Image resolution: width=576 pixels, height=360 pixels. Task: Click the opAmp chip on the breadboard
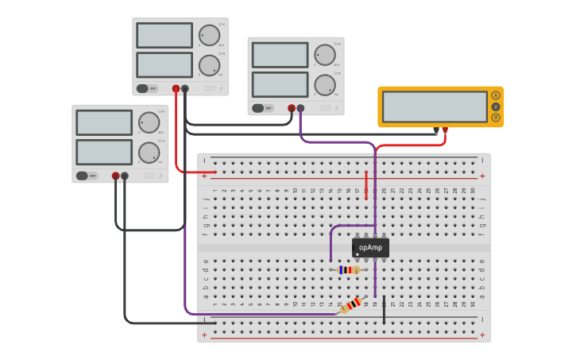click(370, 248)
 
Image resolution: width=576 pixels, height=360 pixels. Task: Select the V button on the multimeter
click(496, 106)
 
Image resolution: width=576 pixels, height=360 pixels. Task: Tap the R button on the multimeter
click(496, 118)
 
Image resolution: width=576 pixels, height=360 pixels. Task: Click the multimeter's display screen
click(435, 106)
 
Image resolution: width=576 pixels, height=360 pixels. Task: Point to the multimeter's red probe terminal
click(446, 130)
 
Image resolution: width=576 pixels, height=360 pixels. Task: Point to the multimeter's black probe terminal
click(436, 130)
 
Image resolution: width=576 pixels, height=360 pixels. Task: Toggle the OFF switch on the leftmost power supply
click(83, 176)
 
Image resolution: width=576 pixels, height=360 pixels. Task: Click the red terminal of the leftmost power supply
click(115, 176)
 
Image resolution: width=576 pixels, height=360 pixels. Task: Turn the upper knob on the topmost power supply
click(209, 36)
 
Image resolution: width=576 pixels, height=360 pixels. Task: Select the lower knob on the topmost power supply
click(209, 64)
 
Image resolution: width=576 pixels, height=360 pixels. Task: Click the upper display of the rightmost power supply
click(280, 55)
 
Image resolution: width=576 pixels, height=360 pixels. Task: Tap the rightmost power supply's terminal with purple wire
click(300, 108)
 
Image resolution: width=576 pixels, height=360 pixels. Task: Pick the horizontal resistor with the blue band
click(349, 270)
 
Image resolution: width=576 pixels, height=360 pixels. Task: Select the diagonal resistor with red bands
click(350, 304)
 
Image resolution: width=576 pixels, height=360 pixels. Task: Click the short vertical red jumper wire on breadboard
click(366, 187)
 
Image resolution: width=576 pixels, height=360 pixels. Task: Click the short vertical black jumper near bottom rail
click(384, 312)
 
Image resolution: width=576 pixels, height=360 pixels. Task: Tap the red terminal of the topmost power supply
click(176, 88)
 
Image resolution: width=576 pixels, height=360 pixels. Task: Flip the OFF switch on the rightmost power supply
click(258, 108)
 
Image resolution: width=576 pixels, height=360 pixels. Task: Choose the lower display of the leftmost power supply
click(104, 152)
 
